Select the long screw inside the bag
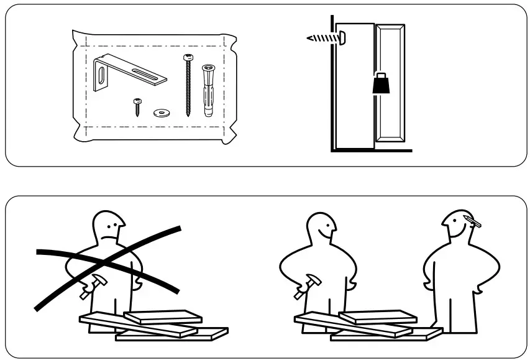[187, 87]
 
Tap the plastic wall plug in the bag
[208, 91]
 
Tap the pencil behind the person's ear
[473, 220]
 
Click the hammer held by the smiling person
[304, 286]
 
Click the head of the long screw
[187, 58]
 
